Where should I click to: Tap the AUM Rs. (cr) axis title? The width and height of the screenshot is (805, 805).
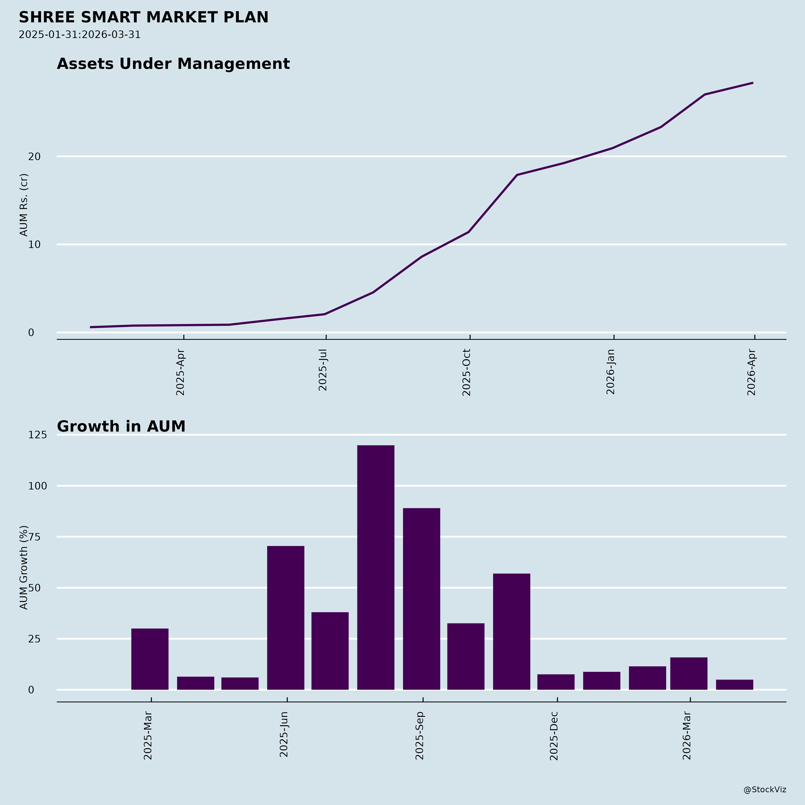tap(24, 205)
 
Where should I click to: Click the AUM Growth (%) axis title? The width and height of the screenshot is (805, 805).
tap(24, 568)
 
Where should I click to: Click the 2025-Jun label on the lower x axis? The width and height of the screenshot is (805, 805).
tap(284, 735)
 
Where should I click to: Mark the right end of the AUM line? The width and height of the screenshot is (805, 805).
tap(752, 83)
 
